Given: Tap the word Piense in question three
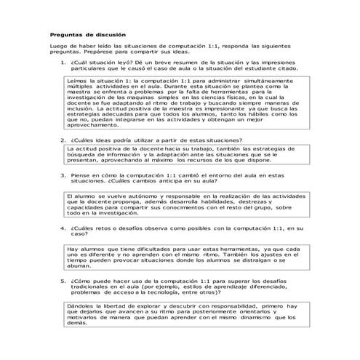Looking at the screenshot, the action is pos(82,175).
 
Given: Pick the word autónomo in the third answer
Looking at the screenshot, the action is pos(140,196).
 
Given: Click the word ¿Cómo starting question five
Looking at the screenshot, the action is pos(83,279).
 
